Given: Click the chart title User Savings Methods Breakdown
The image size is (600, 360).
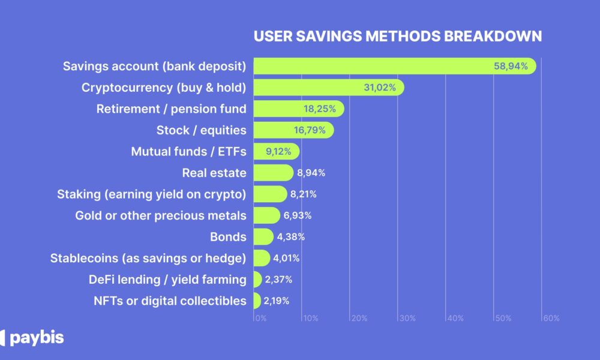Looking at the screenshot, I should (x=397, y=36).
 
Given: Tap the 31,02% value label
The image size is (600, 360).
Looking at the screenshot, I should (x=380, y=88).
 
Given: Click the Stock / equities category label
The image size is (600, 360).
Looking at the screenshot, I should (x=201, y=130).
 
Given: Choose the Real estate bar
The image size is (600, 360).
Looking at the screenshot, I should (x=273, y=173).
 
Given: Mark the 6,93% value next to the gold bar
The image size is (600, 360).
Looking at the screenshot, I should (x=297, y=215).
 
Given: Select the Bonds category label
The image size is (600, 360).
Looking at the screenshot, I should (x=228, y=236).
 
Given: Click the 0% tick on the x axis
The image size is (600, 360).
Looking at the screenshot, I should (x=260, y=318).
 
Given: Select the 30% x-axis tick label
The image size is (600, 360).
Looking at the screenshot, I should (x=406, y=318).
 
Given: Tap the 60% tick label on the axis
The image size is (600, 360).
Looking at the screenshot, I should (x=550, y=318).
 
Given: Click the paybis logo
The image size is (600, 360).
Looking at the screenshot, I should (x=33, y=338).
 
